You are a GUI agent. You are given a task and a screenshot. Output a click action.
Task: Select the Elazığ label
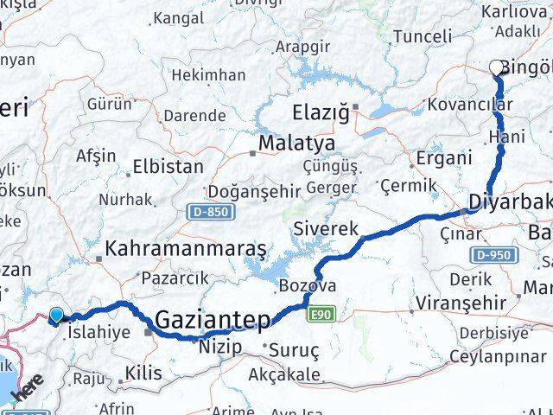coord(321,111)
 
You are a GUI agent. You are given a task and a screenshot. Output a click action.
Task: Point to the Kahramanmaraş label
coord(185,249)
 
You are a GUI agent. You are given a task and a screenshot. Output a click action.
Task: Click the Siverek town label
coord(325,230)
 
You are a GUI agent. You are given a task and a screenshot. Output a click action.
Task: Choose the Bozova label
coord(308,286)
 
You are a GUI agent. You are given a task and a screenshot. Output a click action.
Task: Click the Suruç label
coord(296,351)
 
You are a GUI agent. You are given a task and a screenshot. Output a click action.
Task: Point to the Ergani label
coord(444,158)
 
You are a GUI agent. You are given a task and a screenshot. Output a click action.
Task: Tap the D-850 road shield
coord(203,211)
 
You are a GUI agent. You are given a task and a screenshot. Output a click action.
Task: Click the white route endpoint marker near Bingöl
coord(497,67)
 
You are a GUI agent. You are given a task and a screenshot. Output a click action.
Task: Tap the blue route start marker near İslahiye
coord(57,316)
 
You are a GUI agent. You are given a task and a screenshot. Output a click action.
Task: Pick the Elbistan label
coord(168,166)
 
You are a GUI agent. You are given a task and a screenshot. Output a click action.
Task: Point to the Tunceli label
coord(423,36)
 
